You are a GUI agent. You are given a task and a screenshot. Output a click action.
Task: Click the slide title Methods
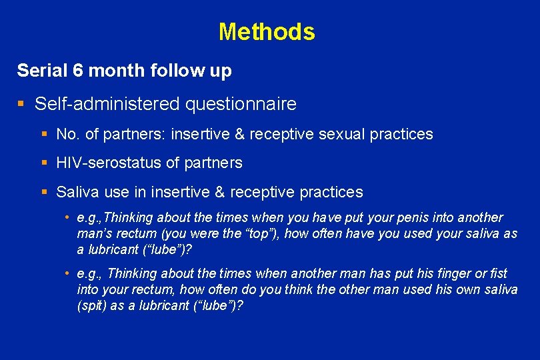267,31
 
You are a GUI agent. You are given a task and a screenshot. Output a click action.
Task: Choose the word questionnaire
240,104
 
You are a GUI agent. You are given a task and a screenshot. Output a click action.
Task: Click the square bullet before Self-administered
21,104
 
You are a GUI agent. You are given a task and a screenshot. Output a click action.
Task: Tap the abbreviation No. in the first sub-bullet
68,135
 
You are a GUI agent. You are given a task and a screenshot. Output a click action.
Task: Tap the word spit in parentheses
93,305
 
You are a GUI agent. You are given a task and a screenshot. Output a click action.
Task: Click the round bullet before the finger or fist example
68,273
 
